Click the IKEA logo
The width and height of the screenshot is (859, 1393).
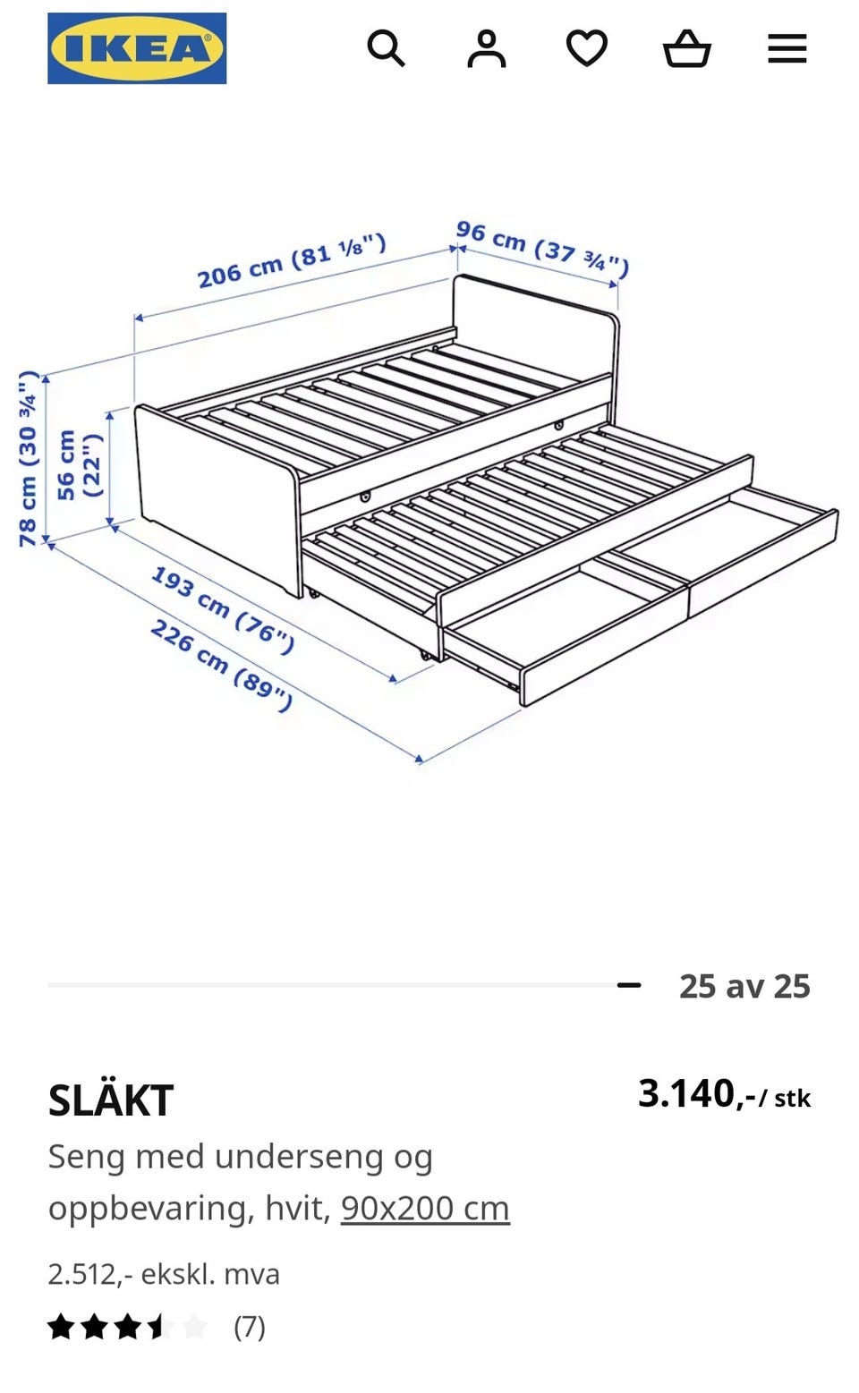click(137, 48)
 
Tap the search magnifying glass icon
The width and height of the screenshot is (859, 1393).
click(386, 48)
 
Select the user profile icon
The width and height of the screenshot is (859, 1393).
click(487, 48)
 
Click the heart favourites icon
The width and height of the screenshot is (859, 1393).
click(587, 48)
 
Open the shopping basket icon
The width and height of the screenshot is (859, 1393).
click(686, 48)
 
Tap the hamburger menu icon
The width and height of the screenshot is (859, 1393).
click(787, 48)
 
